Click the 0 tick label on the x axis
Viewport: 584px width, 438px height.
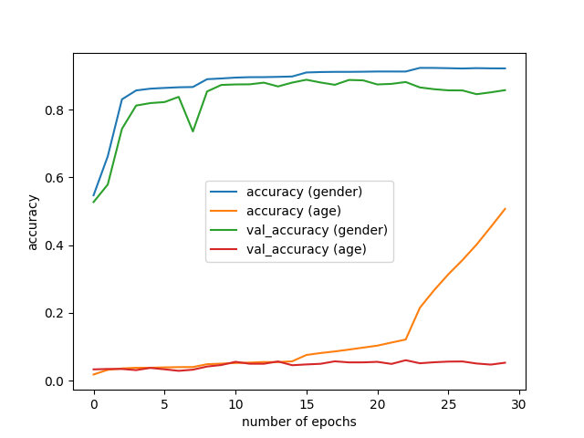click(94, 403)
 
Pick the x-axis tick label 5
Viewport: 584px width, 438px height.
click(164, 403)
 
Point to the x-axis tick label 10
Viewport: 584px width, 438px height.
click(235, 403)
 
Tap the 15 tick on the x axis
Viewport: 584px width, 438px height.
click(307, 403)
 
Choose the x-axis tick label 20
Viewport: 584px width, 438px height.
click(377, 403)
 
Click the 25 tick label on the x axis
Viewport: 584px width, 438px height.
click(448, 403)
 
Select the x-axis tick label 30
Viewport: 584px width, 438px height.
click(519, 403)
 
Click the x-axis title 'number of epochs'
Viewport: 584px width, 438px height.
click(299, 422)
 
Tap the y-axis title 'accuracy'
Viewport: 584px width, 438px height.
click(33, 222)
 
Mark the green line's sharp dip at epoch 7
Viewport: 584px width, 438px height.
click(193, 131)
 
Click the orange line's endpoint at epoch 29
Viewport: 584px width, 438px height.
click(505, 209)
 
